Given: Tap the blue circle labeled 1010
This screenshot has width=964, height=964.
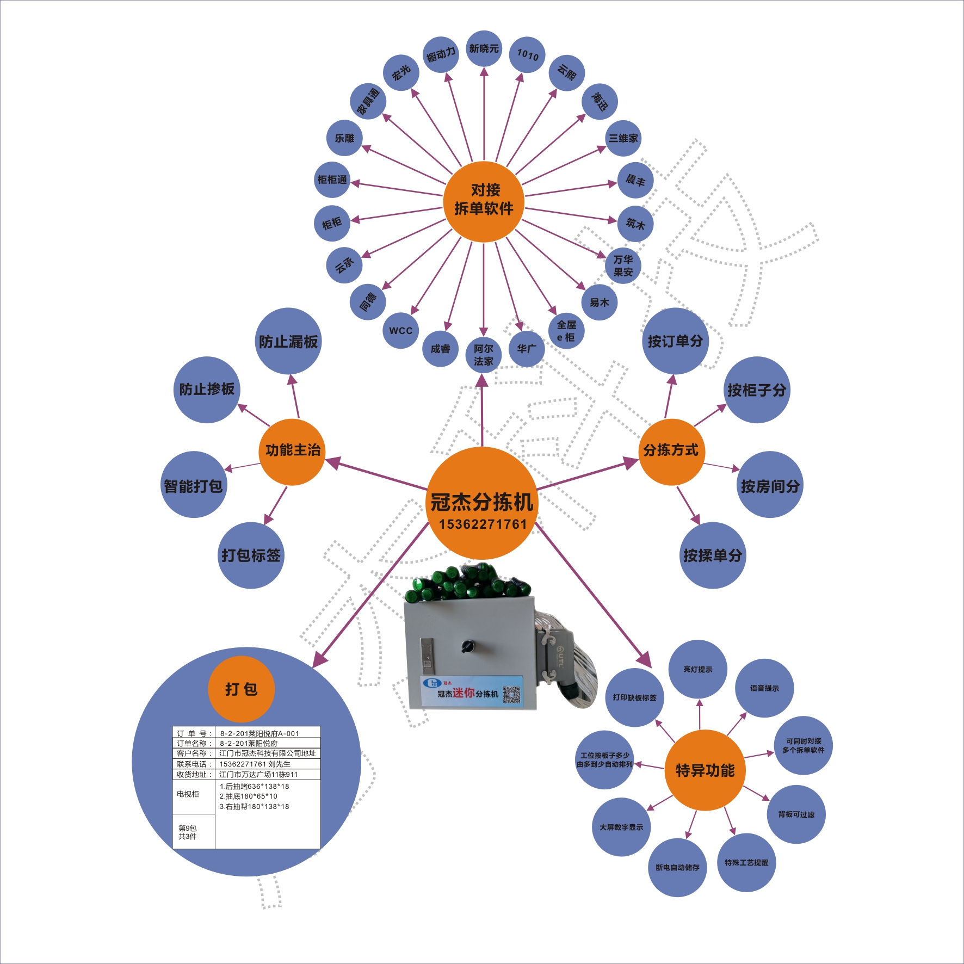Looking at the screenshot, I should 527,55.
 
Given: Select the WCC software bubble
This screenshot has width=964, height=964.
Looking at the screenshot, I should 401,330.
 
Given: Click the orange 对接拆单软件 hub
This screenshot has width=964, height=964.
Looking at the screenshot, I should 484,201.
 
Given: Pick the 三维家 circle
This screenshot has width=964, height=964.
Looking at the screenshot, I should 623,138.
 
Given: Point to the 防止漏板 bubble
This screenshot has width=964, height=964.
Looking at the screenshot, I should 288,341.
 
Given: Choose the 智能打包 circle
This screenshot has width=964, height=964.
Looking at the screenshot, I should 194,485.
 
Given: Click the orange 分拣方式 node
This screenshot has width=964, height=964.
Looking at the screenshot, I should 671,451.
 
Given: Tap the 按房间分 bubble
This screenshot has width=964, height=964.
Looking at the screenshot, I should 770,485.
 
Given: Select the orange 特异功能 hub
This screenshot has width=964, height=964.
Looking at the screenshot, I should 705,770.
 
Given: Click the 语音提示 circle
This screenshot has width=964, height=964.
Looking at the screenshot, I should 764,688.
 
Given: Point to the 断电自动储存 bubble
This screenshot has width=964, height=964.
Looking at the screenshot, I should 677,868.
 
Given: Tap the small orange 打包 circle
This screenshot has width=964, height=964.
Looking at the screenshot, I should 241,689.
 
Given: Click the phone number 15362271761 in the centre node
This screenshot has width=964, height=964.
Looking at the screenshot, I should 483,524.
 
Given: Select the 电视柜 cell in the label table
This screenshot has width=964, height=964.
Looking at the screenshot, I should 188,794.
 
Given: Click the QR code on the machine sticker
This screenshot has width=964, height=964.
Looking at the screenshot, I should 511,695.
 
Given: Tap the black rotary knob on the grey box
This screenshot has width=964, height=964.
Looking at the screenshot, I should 467,646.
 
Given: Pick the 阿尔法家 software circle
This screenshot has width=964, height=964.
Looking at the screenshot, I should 483,355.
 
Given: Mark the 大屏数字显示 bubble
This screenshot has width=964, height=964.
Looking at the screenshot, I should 621,827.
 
